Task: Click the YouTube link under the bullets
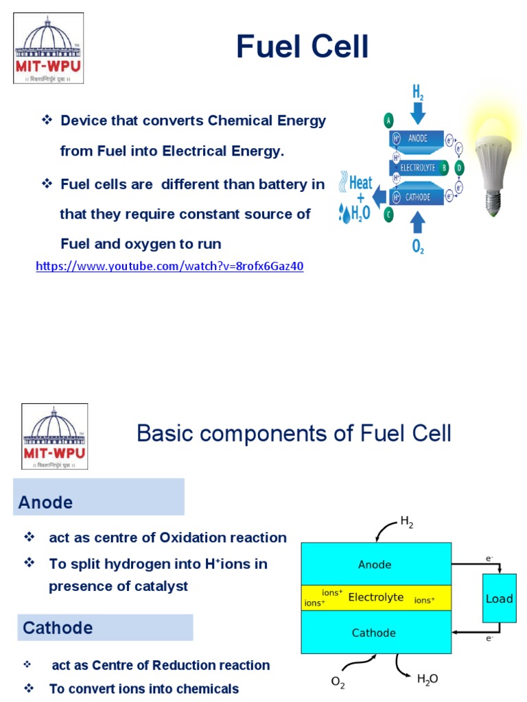[169, 267]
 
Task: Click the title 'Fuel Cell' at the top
[302, 47]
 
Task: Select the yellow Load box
[499, 598]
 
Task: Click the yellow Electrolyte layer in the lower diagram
[376, 597]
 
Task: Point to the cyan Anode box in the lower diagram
[376, 564]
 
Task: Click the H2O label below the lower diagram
[427, 679]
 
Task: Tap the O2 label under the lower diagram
[338, 681]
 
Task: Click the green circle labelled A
[389, 121]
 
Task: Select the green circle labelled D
[460, 167]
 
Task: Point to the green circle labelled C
[389, 214]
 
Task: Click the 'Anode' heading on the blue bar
[45, 502]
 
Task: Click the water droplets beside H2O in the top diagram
[344, 213]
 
